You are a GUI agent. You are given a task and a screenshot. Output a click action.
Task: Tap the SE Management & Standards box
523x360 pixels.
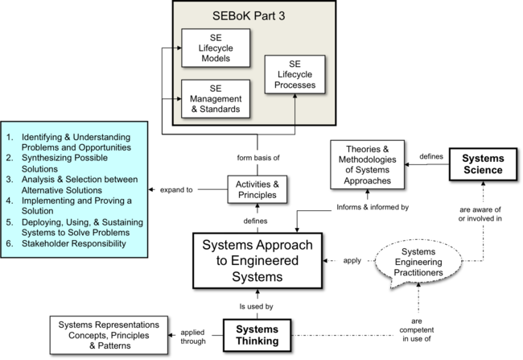pyautogui.click(x=212, y=98)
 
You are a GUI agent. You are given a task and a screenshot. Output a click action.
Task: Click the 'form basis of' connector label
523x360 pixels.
pyautogui.click(x=257, y=156)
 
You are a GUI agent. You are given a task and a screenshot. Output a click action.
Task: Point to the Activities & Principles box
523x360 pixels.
pyautogui.click(x=257, y=189)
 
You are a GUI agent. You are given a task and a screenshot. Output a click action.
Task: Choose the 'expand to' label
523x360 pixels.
pyautogui.click(x=176, y=190)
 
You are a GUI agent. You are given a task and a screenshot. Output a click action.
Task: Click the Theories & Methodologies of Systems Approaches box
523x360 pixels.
pyautogui.click(x=369, y=164)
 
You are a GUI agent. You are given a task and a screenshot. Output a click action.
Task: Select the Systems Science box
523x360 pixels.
pyautogui.click(x=483, y=164)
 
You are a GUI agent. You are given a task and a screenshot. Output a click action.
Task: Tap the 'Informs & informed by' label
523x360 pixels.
pyautogui.click(x=373, y=207)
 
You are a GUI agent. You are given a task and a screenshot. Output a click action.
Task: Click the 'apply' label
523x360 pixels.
pyautogui.click(x=352, y=261)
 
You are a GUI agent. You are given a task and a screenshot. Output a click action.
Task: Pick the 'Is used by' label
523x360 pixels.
pyautogui.click(x=257, y=306)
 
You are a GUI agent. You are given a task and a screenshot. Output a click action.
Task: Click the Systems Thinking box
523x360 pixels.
pyautogui.click(x=257, y=335)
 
